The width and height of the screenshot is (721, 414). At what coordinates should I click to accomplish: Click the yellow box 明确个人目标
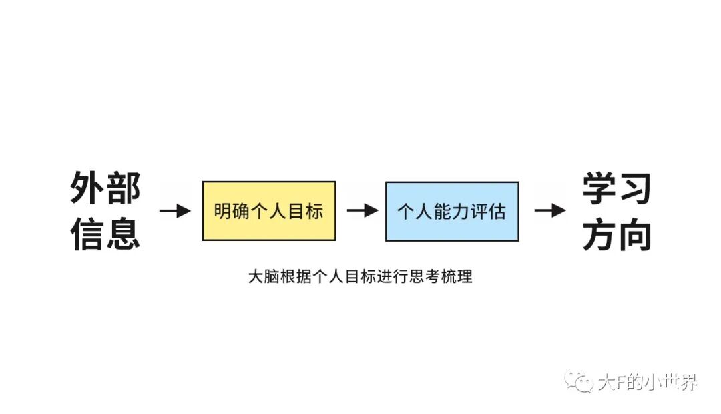(x=269, y=211)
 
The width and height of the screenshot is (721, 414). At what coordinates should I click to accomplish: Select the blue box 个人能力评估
(x=452, y=211)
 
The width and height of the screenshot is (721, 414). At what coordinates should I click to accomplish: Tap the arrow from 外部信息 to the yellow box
(x=176, y=211)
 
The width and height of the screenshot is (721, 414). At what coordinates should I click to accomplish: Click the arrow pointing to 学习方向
(x=550, y=211)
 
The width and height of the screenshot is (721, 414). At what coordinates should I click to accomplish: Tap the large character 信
(x=87, y=233)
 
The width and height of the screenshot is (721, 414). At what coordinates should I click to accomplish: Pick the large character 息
(x=124, y=233)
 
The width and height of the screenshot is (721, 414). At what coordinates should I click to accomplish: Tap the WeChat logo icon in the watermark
(x=578, y=382)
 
